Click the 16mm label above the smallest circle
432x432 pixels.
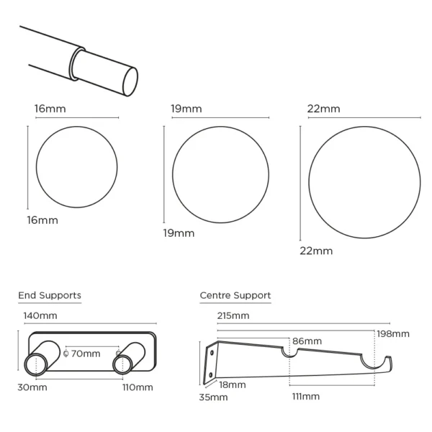point(50,109)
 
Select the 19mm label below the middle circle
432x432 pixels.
point(179,233)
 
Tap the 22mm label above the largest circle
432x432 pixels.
point(324,109)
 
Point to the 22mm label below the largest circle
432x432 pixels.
point(316,251)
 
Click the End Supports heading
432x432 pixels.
point(50,296)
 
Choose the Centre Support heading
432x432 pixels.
point(235,296)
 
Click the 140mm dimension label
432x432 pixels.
point(40,315)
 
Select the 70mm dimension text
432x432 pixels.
point(86,354)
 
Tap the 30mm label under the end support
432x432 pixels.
point(32,387)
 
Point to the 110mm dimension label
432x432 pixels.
point(138,387)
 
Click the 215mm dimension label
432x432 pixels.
point(233,315)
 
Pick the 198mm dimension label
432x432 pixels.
point(393,334)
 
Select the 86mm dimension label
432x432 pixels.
point(307,341)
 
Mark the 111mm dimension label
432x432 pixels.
point(306,397)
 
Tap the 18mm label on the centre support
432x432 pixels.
point(233,385)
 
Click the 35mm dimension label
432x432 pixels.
point(214,397)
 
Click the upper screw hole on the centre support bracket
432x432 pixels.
point(212,353)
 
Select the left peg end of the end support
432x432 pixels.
point(36,364)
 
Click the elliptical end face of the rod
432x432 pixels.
point(130,82)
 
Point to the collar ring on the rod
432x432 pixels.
point(74,64)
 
